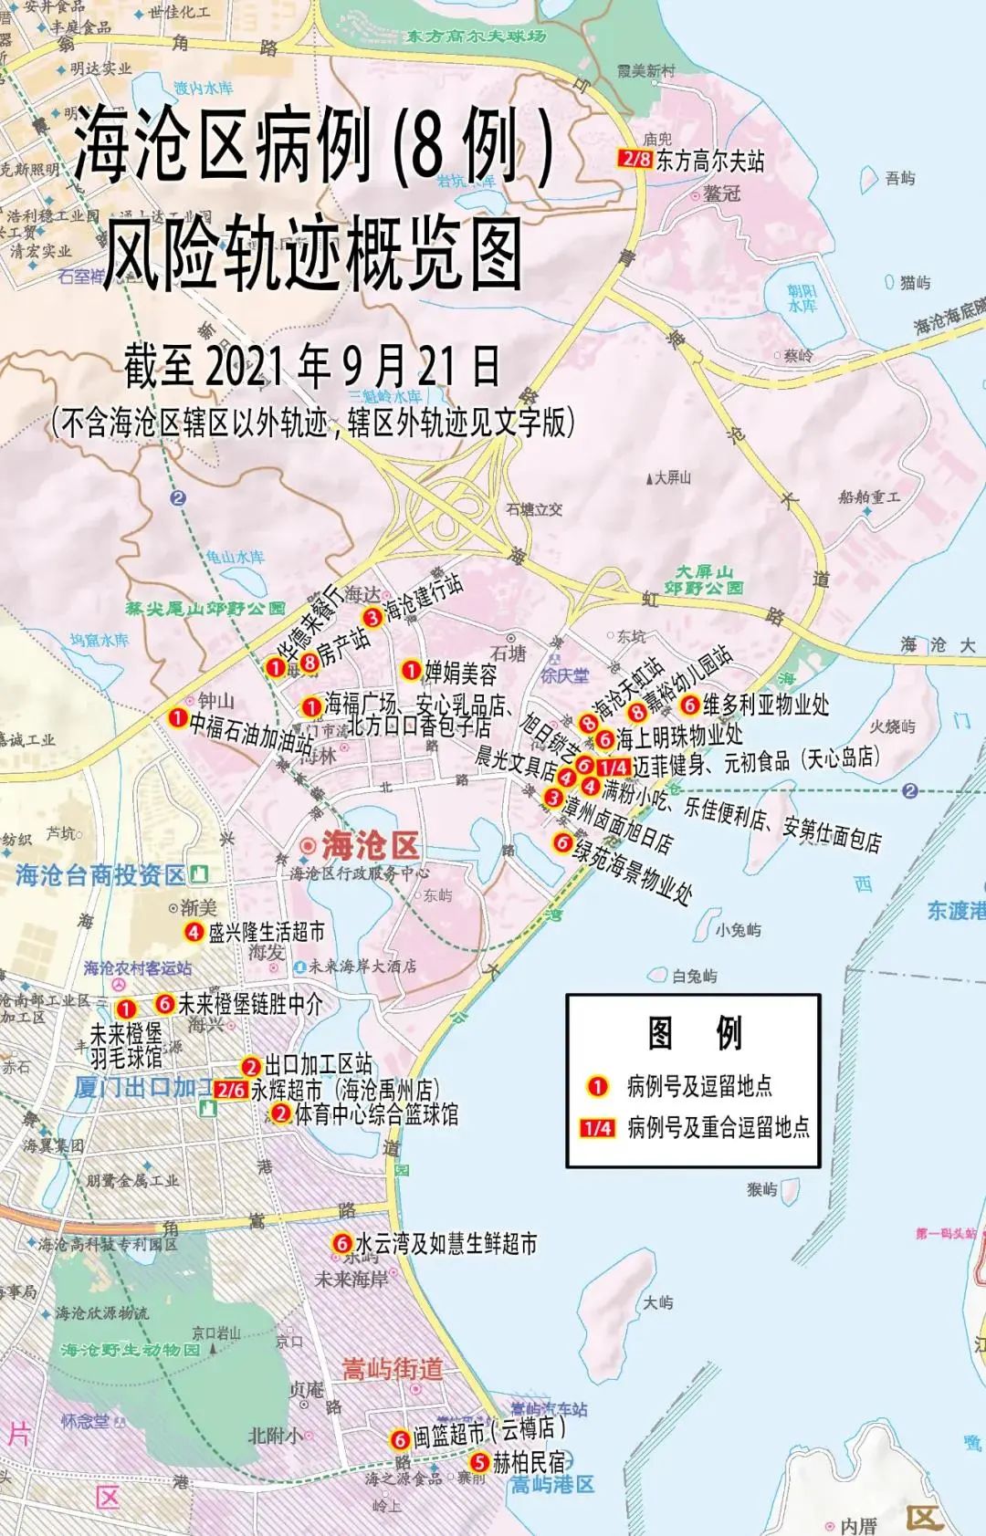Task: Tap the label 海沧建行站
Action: [423, 598]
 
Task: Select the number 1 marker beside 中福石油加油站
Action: [178, 717]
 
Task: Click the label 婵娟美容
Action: [461, 673]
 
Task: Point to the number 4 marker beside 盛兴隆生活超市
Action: [194, 932]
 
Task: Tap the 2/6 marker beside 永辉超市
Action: [231, 1089]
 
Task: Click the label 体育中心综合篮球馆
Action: [376, 1113]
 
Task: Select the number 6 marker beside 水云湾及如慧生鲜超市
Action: [341, 1243]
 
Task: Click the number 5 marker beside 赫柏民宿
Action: [479, 1462]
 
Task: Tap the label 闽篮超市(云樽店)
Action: [488, 1435]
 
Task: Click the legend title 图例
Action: [694, 1032]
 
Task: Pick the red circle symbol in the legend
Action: [597, 1086]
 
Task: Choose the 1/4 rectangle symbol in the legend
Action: [597, 1128]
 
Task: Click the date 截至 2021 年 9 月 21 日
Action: [312, 367]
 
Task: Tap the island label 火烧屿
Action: [892, 726]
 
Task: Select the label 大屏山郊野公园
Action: [703, 580]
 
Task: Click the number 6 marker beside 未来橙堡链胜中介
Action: [164, 1003]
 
